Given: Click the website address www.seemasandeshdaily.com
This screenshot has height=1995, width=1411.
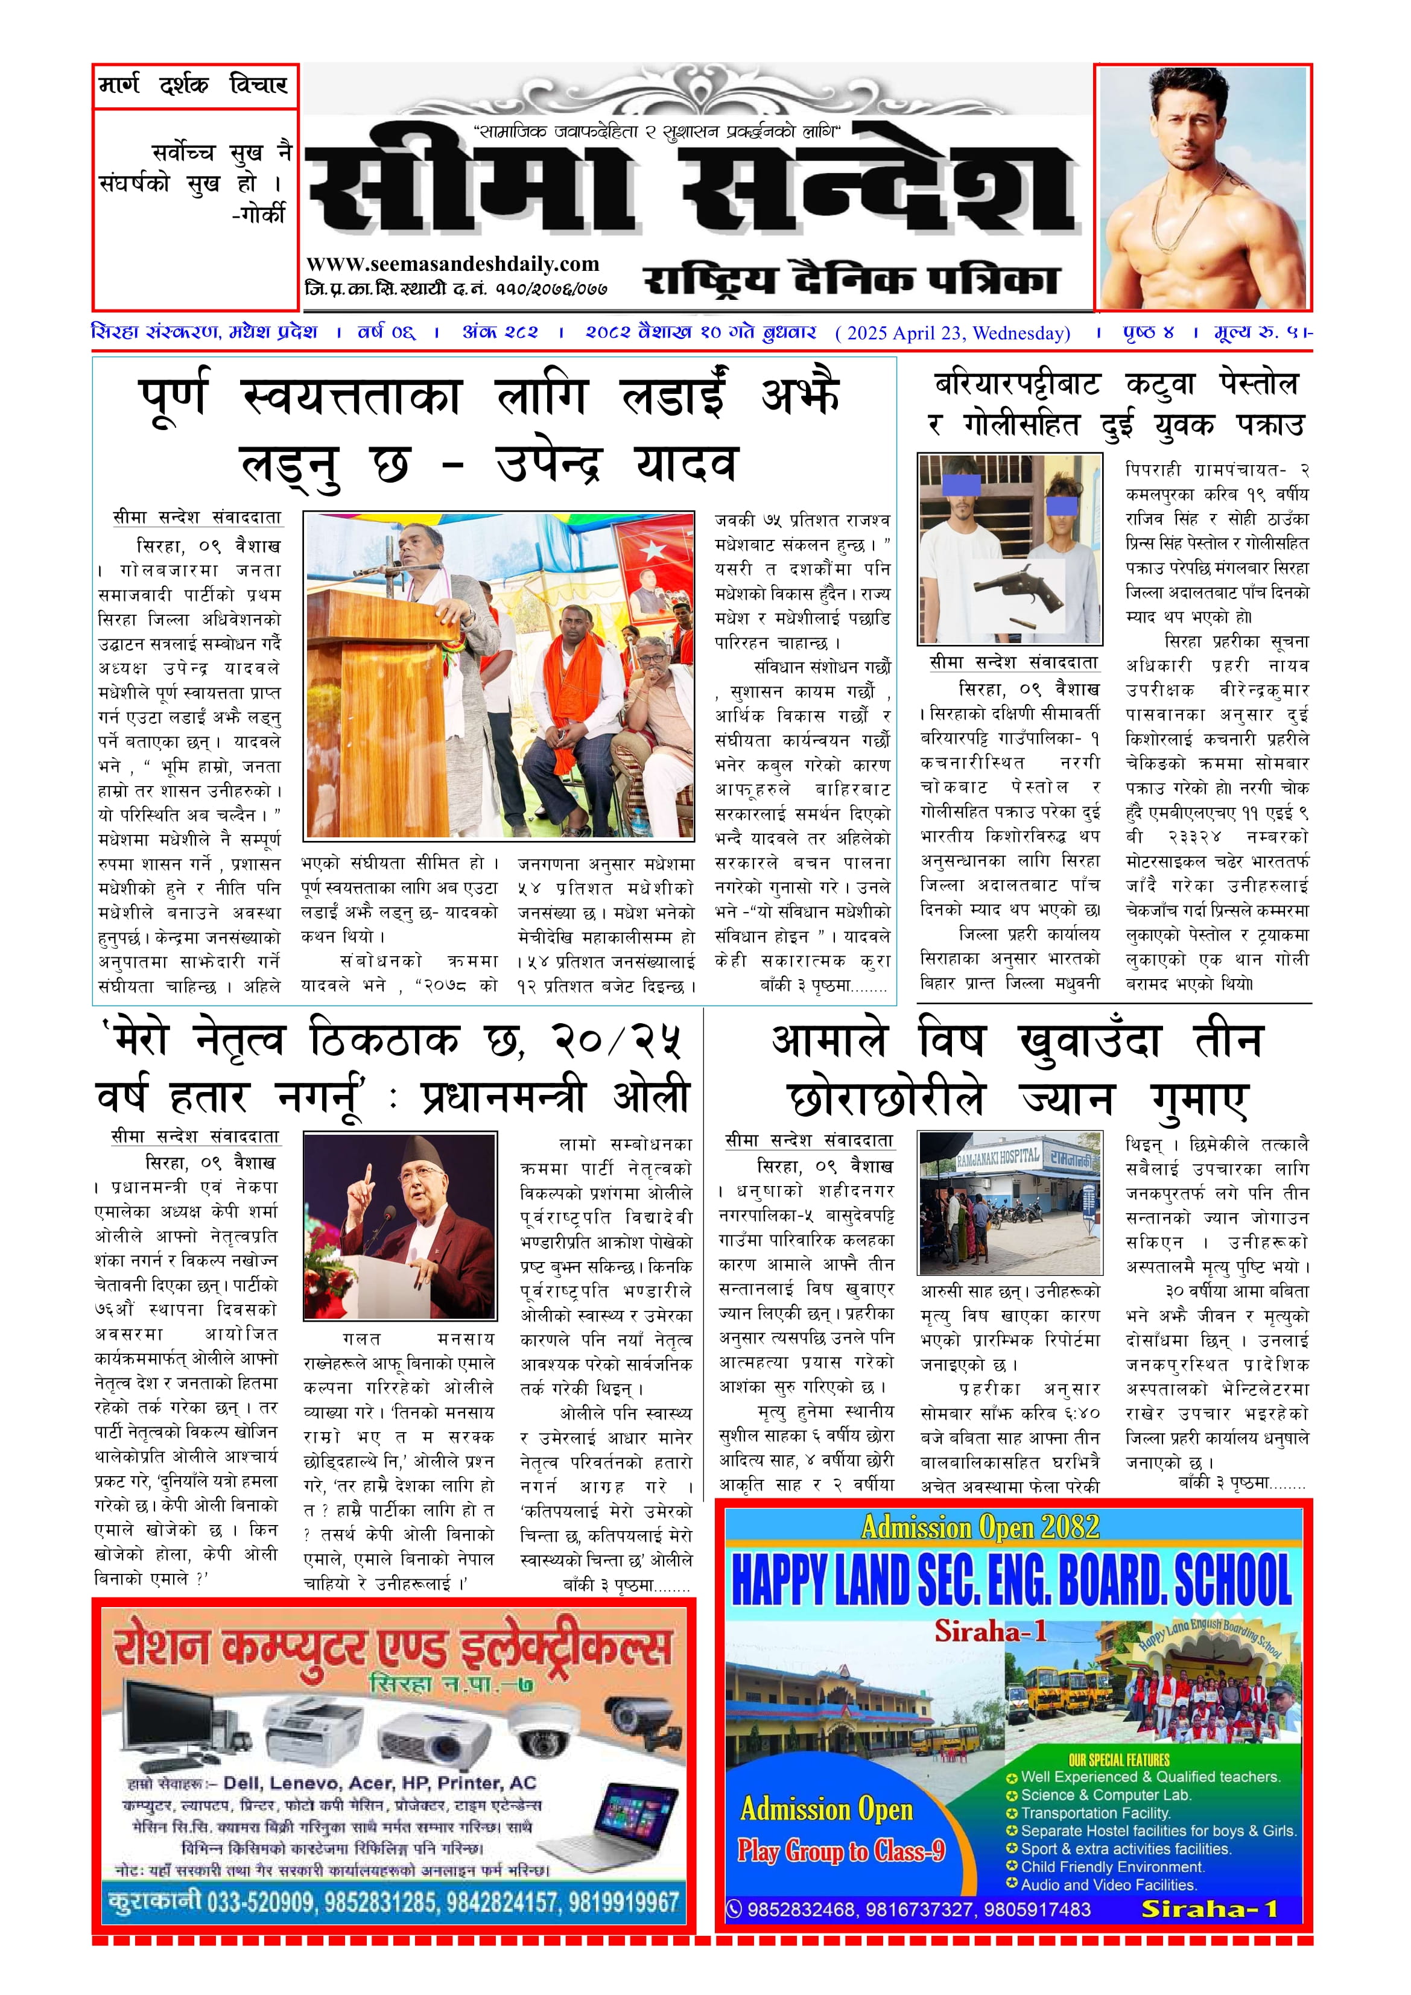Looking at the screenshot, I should click(452, 264).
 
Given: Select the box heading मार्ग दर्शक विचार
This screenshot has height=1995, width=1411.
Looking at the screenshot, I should click(194, 85).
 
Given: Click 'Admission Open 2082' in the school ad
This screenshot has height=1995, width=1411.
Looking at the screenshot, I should click(980, 1527).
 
